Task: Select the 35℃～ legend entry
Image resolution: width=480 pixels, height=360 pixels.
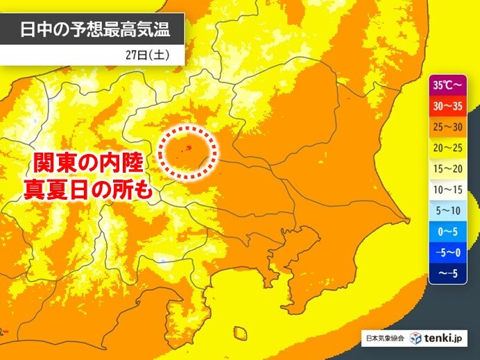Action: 447,87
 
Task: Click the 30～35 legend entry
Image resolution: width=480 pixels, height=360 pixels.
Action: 447,107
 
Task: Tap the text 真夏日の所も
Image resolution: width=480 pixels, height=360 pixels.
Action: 88,189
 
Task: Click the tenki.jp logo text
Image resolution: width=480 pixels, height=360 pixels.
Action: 446,338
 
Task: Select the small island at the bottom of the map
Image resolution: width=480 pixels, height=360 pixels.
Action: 240,334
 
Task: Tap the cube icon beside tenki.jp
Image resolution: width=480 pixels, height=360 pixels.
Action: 416,338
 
